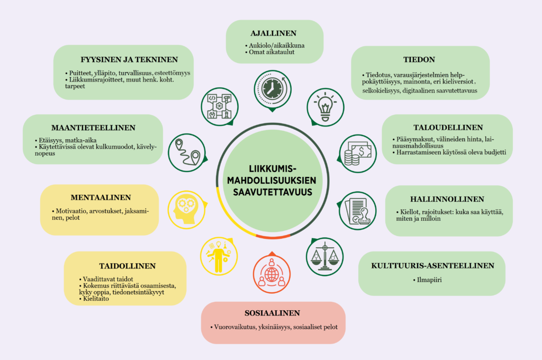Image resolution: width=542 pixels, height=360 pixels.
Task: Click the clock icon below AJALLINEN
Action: [x=273, y=89]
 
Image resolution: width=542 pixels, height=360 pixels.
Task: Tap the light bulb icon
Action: [x=326, y=107]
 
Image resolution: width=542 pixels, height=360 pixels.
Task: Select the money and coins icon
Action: [x=358, y=154]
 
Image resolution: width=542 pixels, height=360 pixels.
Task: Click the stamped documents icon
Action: [x=357, y=211]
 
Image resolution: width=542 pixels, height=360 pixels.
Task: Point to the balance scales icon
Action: [x=324, y=257]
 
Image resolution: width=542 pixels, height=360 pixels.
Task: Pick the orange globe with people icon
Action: [x=272, y=274]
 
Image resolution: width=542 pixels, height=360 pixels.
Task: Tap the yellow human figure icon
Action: [x=219, y=256]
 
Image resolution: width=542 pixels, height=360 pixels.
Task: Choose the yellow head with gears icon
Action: [x=187, y=210]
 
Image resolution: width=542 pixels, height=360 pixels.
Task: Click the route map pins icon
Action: [x=187, y=153]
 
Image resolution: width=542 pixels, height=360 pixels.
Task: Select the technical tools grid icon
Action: [x=220, y=107]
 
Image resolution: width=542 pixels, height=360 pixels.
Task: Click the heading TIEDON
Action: [x=419, y=59]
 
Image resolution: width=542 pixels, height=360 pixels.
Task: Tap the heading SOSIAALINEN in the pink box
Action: [x=273, y=313]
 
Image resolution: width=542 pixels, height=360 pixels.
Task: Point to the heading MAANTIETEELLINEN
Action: [x=93, y=128]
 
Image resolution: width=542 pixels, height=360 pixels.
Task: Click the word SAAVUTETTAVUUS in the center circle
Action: [x=273, y=192]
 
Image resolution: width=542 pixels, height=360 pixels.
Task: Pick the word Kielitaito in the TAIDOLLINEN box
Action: [x=96, y=299]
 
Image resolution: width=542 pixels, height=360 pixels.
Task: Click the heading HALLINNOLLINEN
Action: [x=447, y=199]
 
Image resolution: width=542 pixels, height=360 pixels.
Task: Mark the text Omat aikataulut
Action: [x=272, y=52]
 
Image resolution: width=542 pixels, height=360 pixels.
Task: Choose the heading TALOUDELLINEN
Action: [x=448, y=128]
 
